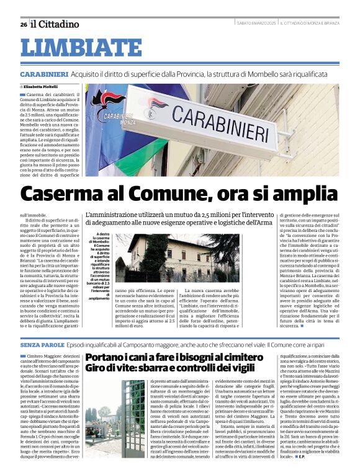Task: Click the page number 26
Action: coord(23,24)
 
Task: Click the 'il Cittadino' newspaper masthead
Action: coord(55,24)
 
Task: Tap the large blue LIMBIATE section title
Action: coord(81,48)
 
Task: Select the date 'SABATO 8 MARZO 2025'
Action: coord(256,24)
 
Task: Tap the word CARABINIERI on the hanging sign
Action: coord(214,127)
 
